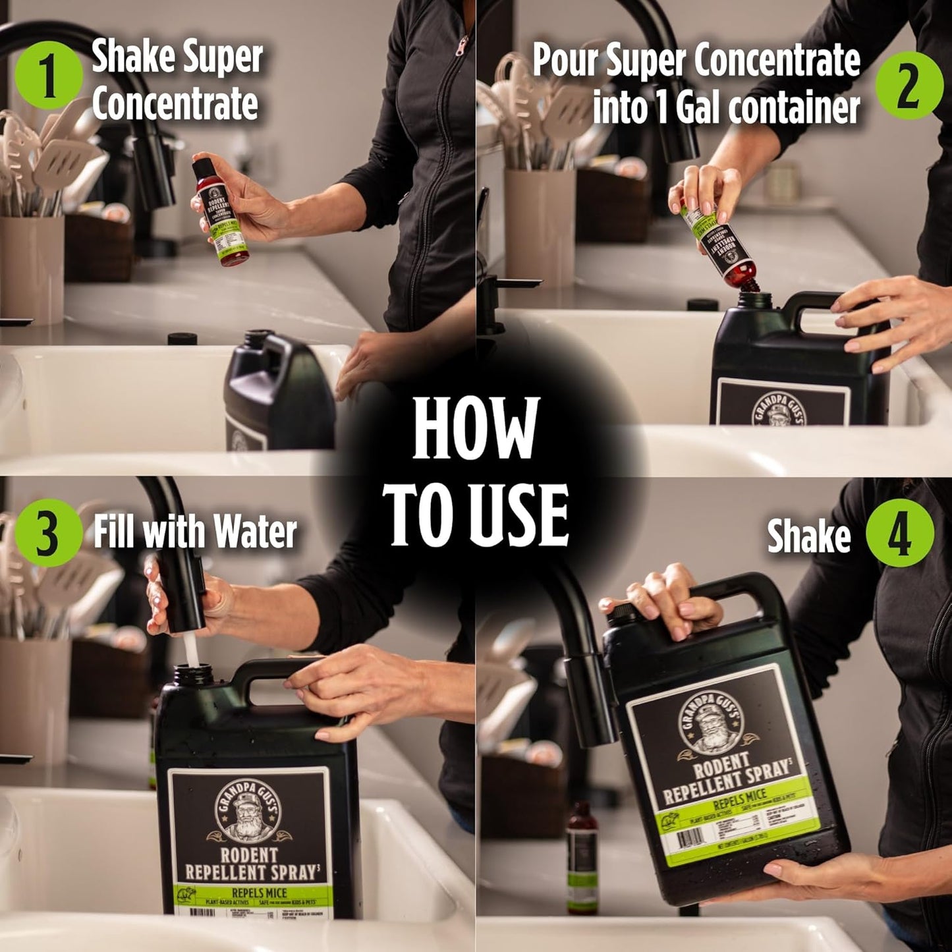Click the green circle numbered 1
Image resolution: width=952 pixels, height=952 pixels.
[x=49, y=74]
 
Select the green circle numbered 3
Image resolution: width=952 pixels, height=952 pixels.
[x=49, y=532]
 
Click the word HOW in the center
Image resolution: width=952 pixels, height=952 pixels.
[x=476, y=428]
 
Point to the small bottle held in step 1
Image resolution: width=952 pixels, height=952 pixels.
[x=220, y=211]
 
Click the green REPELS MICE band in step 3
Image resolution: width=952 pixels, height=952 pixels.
[x=257, y=893]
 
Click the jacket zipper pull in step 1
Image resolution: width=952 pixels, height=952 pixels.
[x=462, y=46]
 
